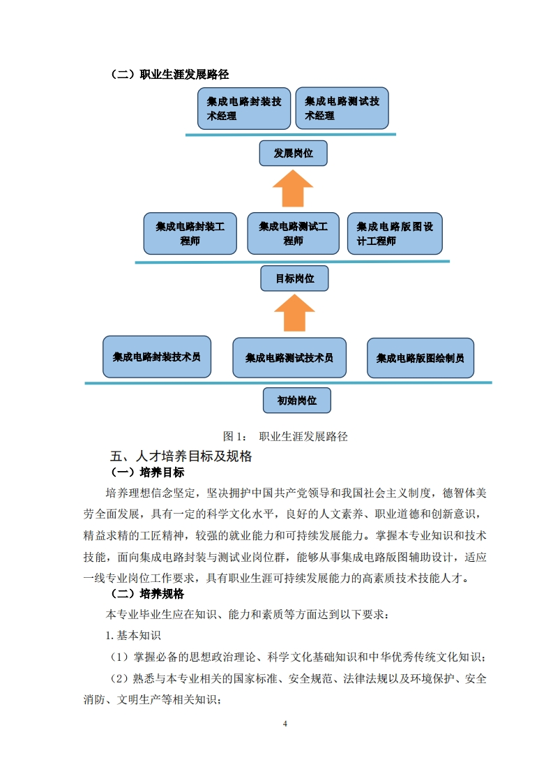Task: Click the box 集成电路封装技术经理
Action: (x=243, y=109)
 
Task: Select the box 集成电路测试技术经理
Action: (x=342, y=108)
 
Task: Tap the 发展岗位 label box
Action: (x=293, y=154)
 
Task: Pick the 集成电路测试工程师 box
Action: (x=293, y=233)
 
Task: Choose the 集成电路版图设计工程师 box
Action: (x=395, y=234)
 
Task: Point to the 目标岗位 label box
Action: (x=294, y=278)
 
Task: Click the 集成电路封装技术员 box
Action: (x=157, y=357)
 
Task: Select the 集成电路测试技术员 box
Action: (x=289, y=358)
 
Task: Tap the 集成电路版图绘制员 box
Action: (x=421, y=358)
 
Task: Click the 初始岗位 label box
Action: (x=296, y=401)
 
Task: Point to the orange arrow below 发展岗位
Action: (x=293, y=188)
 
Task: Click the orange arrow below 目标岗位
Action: (x=294, y=313)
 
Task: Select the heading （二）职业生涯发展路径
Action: (x=169, y=74)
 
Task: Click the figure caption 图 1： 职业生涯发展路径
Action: (x=285, y=437)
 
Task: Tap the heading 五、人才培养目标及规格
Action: (x=181, y=457)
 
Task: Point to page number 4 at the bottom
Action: (x=285, y=724)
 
